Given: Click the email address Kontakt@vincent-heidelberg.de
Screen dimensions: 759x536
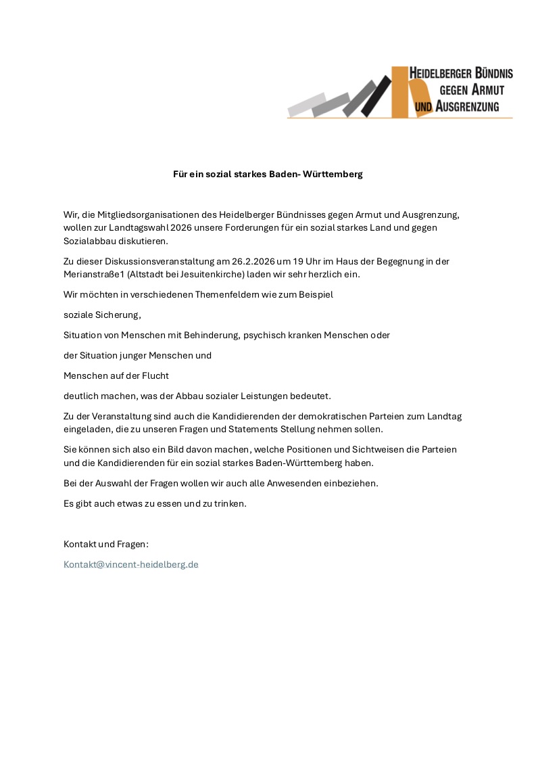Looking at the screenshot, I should (x=130, y=564).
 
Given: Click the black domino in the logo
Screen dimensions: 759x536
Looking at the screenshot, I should (x=376, y=96).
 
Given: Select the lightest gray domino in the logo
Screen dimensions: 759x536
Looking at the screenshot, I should (x=306, y=105).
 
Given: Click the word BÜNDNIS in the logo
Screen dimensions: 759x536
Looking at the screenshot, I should (x=485, y=73).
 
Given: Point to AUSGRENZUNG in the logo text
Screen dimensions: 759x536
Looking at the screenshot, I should (x=467, y=106).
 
